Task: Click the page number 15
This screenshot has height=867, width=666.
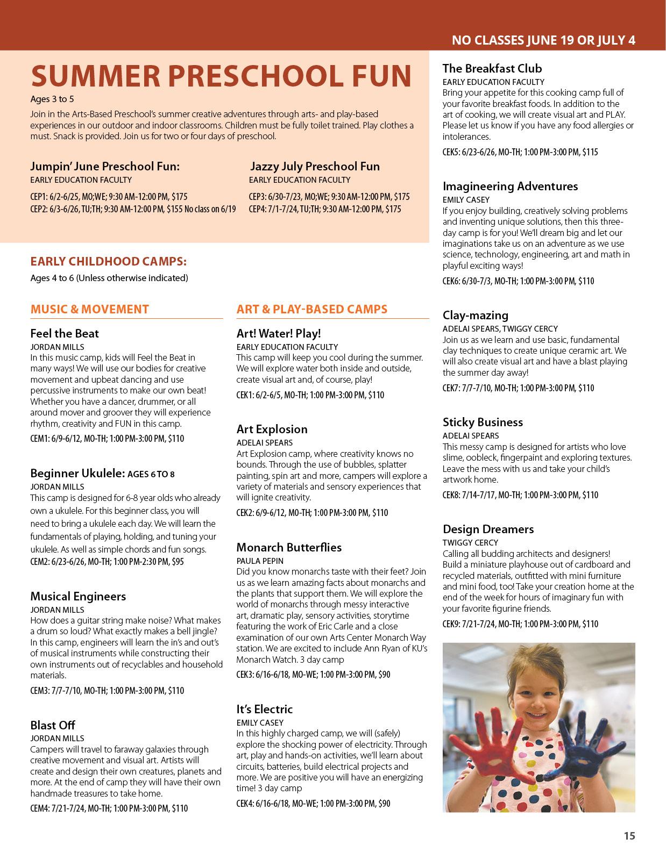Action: pyautogui.click(x=629, y=836)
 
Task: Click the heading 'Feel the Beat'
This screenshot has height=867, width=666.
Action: pyautogui.click(x=65, y=333)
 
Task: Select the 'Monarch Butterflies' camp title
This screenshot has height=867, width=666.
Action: pyautogui.click(x=289, y=547)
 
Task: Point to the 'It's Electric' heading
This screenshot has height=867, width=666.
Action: pyautogui.click(x=265, y=709)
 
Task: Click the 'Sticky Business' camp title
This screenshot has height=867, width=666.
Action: pyautogui.click(x=483, y=422)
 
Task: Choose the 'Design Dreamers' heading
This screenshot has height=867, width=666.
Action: pyautogui.click(x=488, y=529)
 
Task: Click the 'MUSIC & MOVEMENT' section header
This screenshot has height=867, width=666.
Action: pyautogui.click(x=89, y=309)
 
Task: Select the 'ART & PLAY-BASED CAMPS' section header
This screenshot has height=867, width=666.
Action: pyautogui.click(x=312, y=309)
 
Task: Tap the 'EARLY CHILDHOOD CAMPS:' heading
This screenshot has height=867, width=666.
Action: pyautogui.click(x=109, y=261)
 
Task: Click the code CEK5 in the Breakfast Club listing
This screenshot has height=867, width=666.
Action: pyautogui.click(x=451, y=152)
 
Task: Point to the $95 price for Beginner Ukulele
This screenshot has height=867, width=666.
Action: pyautogui.click(x=178, y=562)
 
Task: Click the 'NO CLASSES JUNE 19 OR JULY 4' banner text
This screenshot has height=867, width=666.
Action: pyautogui.click(x=543, y=40)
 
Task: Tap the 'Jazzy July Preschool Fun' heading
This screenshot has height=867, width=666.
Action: pyautogui.click(x=315, y=167)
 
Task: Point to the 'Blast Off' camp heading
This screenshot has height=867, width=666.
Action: pyautogui.click(x=53, y=725)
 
